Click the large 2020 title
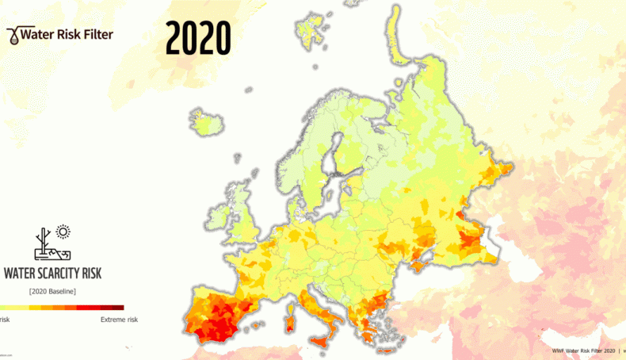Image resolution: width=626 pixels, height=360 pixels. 198,38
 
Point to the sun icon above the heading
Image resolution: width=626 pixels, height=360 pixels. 63,232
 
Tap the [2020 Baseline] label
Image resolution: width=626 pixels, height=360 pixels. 52,291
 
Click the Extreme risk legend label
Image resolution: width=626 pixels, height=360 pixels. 119,320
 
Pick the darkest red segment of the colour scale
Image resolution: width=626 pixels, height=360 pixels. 116,307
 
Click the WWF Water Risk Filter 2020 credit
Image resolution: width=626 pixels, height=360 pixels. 583,350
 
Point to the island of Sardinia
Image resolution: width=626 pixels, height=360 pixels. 289,320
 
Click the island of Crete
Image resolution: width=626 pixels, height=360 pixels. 387,351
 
